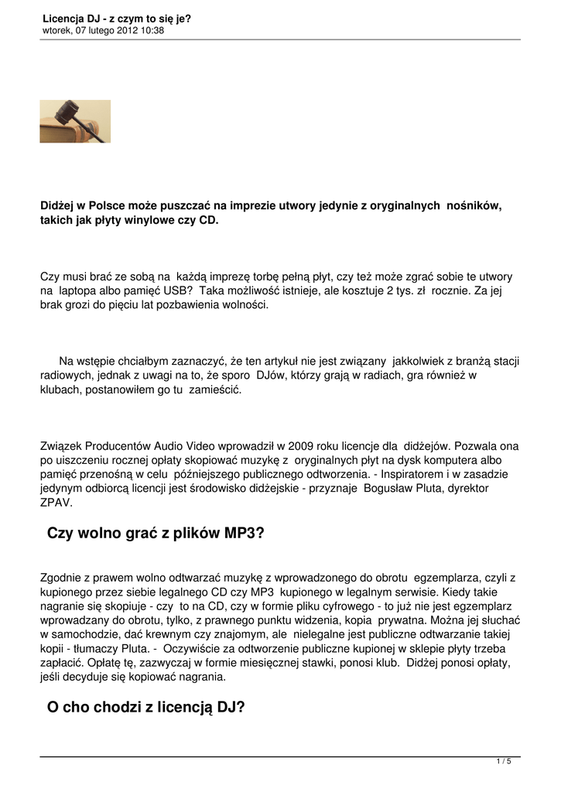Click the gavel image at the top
75,121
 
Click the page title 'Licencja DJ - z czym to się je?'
117,19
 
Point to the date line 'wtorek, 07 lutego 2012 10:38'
103,31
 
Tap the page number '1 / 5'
504,762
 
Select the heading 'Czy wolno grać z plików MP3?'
156,534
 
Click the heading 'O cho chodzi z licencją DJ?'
146,706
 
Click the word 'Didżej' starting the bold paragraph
58,205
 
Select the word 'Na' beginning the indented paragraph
67,361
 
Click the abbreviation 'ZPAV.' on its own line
56,503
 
